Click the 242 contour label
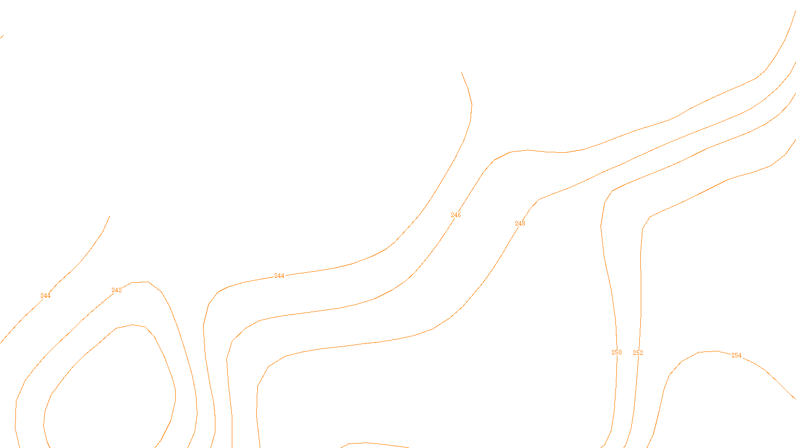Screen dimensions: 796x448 pyautogui.click(x=116, y=290)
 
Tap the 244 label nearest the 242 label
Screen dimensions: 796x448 pyautogui.click(x=45, y=296)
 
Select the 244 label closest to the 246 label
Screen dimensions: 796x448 pyautogui.click(x=279, y=276)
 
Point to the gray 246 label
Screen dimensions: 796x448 pyautogui.click(x=456, y=215)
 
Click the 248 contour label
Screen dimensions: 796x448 pyautogui.click(x=520, y=224)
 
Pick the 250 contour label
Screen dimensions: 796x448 pyautogui.click(x=616, y=352)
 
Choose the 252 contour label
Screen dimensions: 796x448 pyautogui.click(x=638, y=353)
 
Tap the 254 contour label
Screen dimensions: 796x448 pyautogui.click(x=736, y=355)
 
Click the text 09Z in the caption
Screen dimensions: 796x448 pyautogui.click(x=377, y=440)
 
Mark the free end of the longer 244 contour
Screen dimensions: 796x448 pyautogui.click(x=462, y=73)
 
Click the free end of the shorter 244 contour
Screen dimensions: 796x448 pyautogui.click(x=109, y=216)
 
